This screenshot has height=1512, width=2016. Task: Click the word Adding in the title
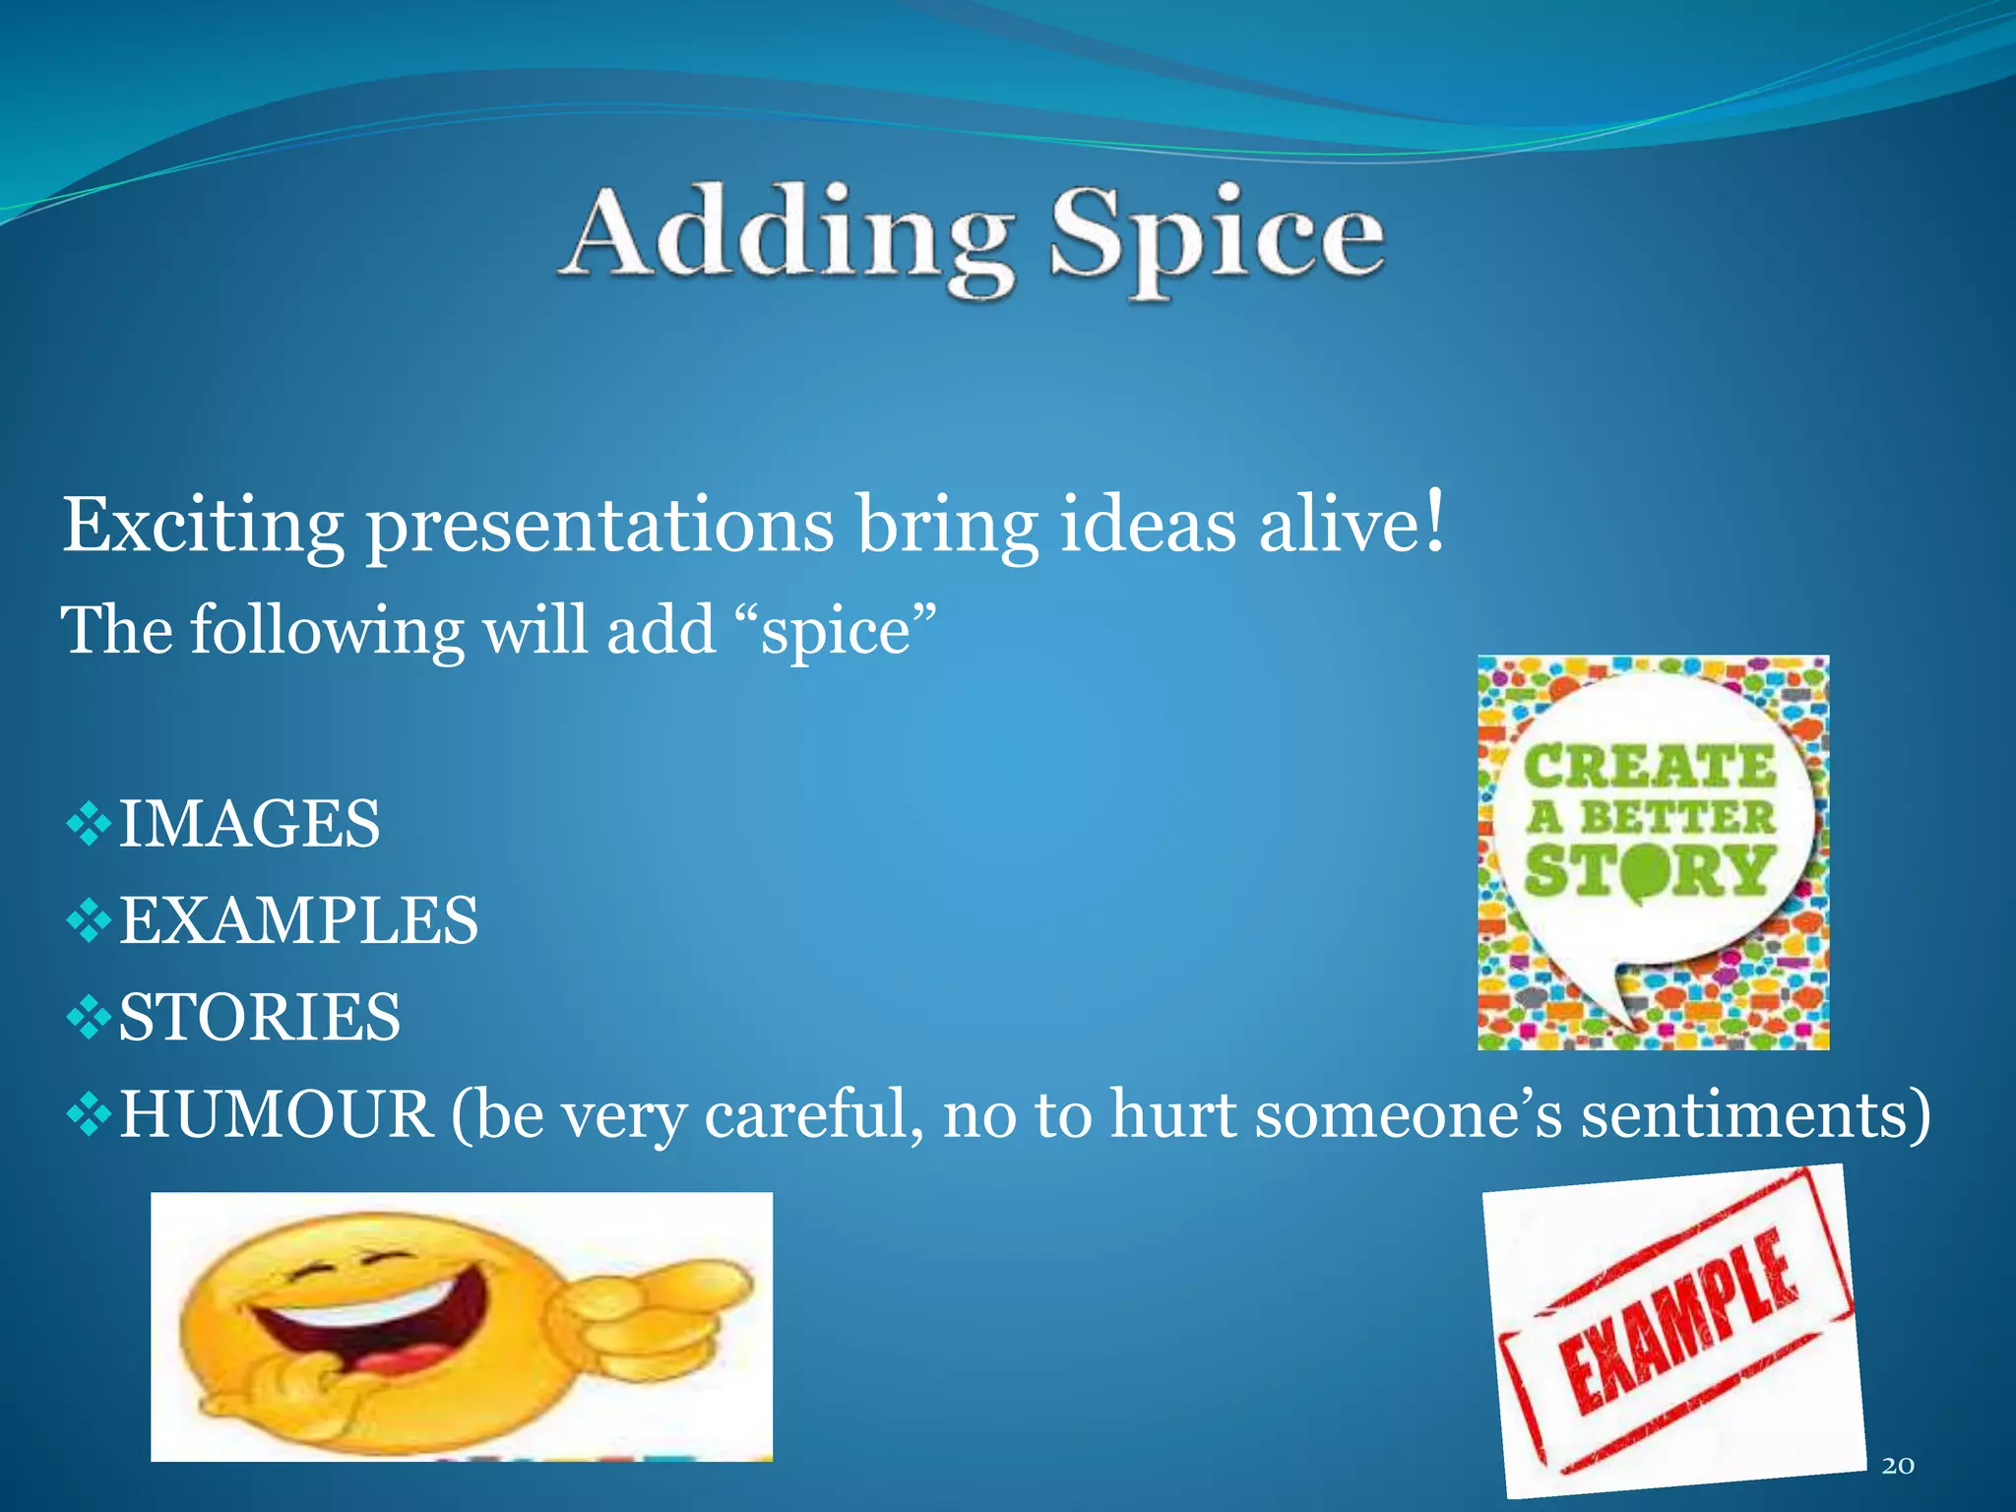click(787, 234)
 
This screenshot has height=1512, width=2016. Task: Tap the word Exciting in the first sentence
click(203, 525)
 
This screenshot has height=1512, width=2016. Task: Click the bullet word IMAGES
click(249, 823)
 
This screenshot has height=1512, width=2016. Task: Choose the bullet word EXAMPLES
click(298, 920)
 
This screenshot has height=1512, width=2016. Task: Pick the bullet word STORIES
click(260, 1017)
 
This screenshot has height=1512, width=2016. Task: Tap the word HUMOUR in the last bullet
click(277, 1114)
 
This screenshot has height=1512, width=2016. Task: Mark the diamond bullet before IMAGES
click(89, 824)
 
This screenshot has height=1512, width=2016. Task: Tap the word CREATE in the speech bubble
click(1650, 767)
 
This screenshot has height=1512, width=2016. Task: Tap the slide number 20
click(1897, 1466)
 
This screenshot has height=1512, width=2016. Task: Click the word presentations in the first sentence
click(599, 525)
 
